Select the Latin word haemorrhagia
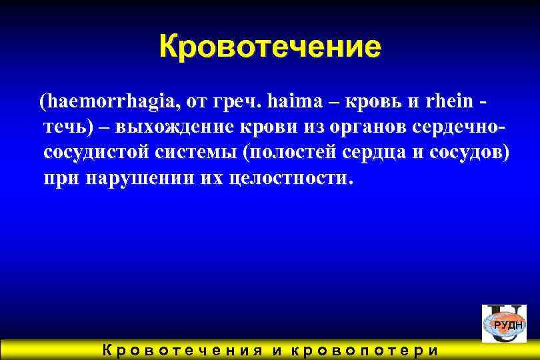click(x=111, y=103)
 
